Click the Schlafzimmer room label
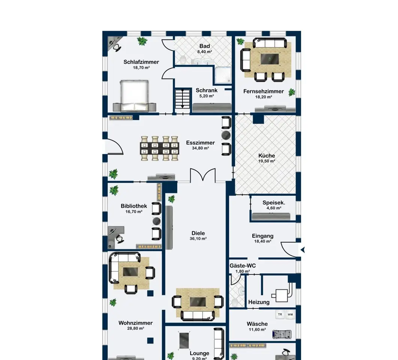tap(141, 62)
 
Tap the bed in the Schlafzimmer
tap(134, 96)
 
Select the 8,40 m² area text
tap(205, 52)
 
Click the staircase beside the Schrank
tap(182, 99)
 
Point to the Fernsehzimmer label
tap(264, 91)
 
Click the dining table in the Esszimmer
tap(160, 148)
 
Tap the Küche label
tap(267, 156)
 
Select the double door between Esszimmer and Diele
tap(203, 175)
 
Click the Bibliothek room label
tap(134, 206)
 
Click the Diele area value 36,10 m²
tap(198, 239)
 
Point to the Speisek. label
tap(274, 203)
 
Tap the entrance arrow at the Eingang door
tap(302, 250)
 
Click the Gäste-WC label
tap(243, 266)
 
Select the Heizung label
tap(259, 302)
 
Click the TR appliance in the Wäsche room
tap(280, 314)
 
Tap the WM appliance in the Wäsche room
tap(290, 314)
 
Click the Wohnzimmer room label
tap(136, 323)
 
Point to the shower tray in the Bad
tap(223, 75)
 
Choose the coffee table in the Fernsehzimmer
tap(270, 59)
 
